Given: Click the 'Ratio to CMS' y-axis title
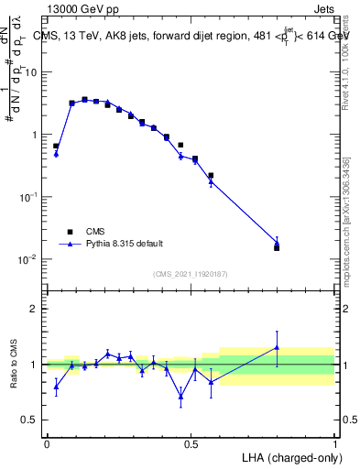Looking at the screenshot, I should pos(15,365).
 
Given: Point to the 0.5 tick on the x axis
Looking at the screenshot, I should pos(191,443).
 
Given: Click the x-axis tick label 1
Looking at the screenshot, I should pos(335,443).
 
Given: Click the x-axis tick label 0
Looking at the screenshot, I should pos(47,443).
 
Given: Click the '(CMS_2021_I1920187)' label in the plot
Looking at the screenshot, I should pos(191,274).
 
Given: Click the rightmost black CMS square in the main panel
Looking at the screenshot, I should pos(277,247).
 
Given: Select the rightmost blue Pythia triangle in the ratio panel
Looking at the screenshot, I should pos(277,347).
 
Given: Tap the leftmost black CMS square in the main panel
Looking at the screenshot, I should pos(56,146).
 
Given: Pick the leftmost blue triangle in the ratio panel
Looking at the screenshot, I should pos(56,387).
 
